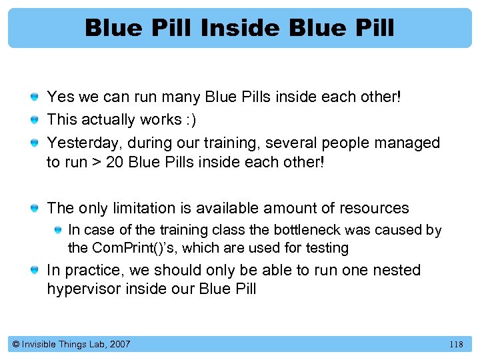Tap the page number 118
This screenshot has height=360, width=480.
[456, 344]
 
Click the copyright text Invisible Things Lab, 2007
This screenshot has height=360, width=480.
[71, 344]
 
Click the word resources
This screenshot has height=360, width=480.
[372, 208]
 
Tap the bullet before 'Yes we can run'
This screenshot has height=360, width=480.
[35, 98]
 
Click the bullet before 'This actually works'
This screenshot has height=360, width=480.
[35, 121]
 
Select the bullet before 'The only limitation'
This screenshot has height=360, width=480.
[35, 209]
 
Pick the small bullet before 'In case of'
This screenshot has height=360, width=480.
[58, 231]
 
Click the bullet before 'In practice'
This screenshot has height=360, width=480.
[35, 271]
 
